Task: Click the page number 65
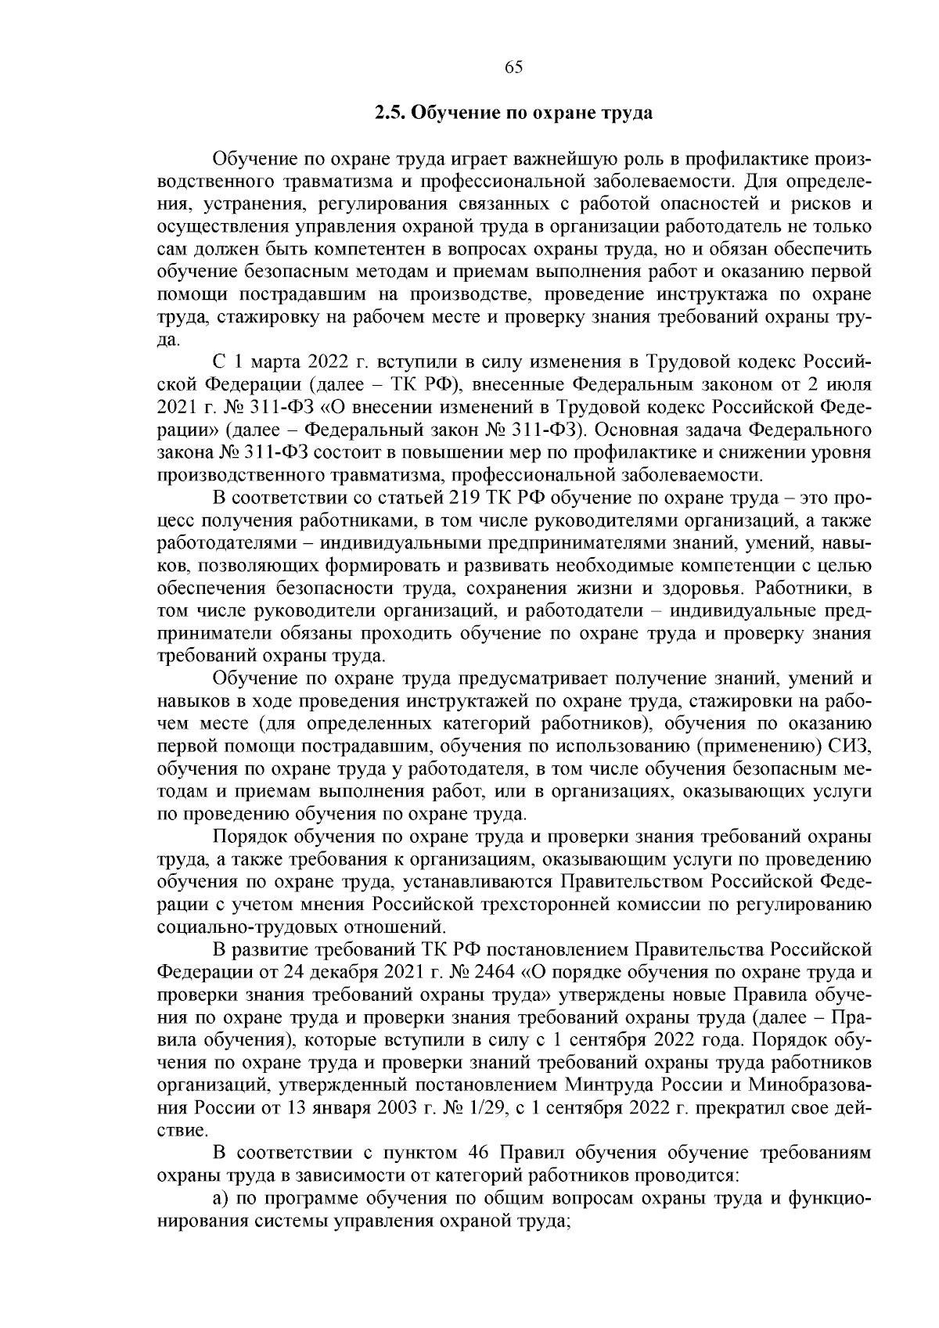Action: pyautogui.click(x=514, y=67)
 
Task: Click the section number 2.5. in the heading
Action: pyautogui.click(x=390, y=113)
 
